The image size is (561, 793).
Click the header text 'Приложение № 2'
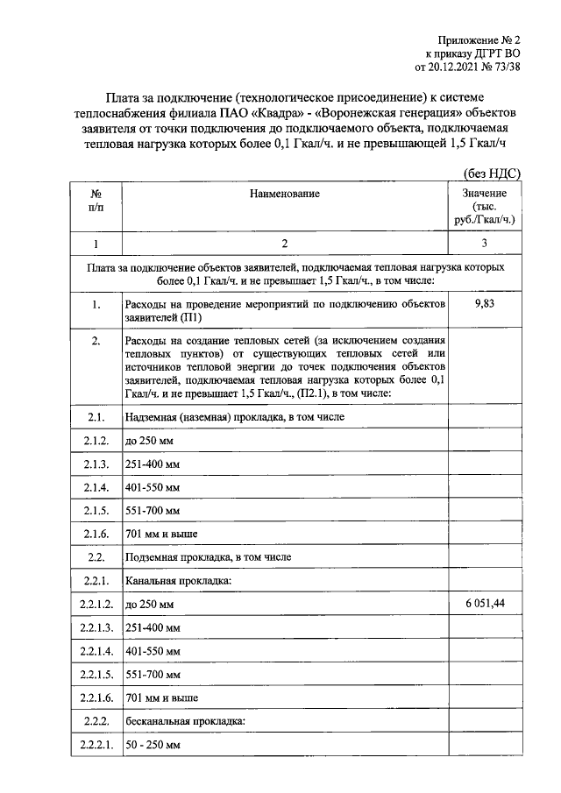click(x=480, y=39)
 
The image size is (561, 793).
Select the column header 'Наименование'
click(x=284, y=193)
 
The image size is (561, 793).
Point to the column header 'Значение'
click(x=484, y=193)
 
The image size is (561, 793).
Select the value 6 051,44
click(x=484, y=605)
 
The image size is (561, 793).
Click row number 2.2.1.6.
click(x=94, y=697)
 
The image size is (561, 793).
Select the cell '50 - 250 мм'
click(x=153, y=745)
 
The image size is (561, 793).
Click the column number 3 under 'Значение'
click(x=484, y=243)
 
